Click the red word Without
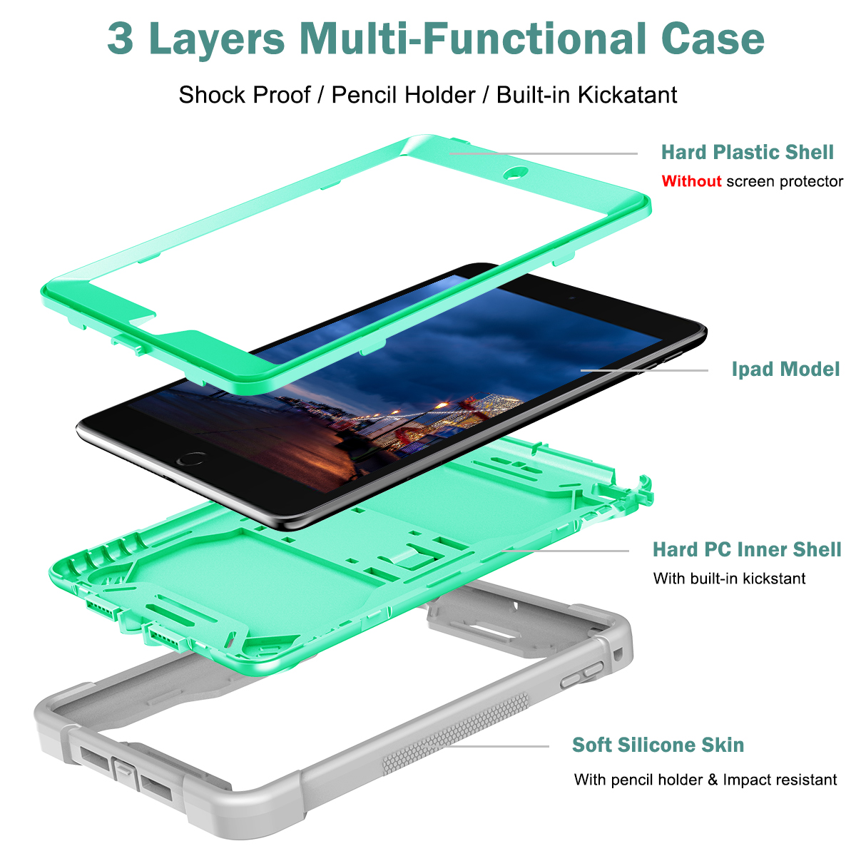[691, 181]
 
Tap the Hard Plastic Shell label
[747, 153]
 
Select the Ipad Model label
[785, 369]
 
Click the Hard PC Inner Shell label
[747, 549]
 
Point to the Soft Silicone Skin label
[658, 745]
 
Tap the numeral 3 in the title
[121, 39]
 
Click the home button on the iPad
[191, 459]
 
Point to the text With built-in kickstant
[729, 579]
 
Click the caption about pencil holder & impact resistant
[705, 780]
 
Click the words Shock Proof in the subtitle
[245, 95]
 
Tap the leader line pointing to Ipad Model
[644, 370]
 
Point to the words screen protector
[785, 182]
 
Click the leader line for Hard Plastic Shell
[544, 153]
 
